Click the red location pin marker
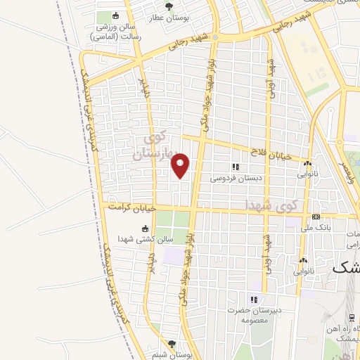pos(181,165)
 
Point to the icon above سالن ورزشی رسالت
pos(116,15)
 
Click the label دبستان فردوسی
pos(236,179)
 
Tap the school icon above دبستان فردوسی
pos(236,167)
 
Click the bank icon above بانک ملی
pos(316,217)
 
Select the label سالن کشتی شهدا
pos(146,239)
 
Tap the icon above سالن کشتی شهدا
pos(146,228)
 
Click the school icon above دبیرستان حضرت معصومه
pos(255,300)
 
